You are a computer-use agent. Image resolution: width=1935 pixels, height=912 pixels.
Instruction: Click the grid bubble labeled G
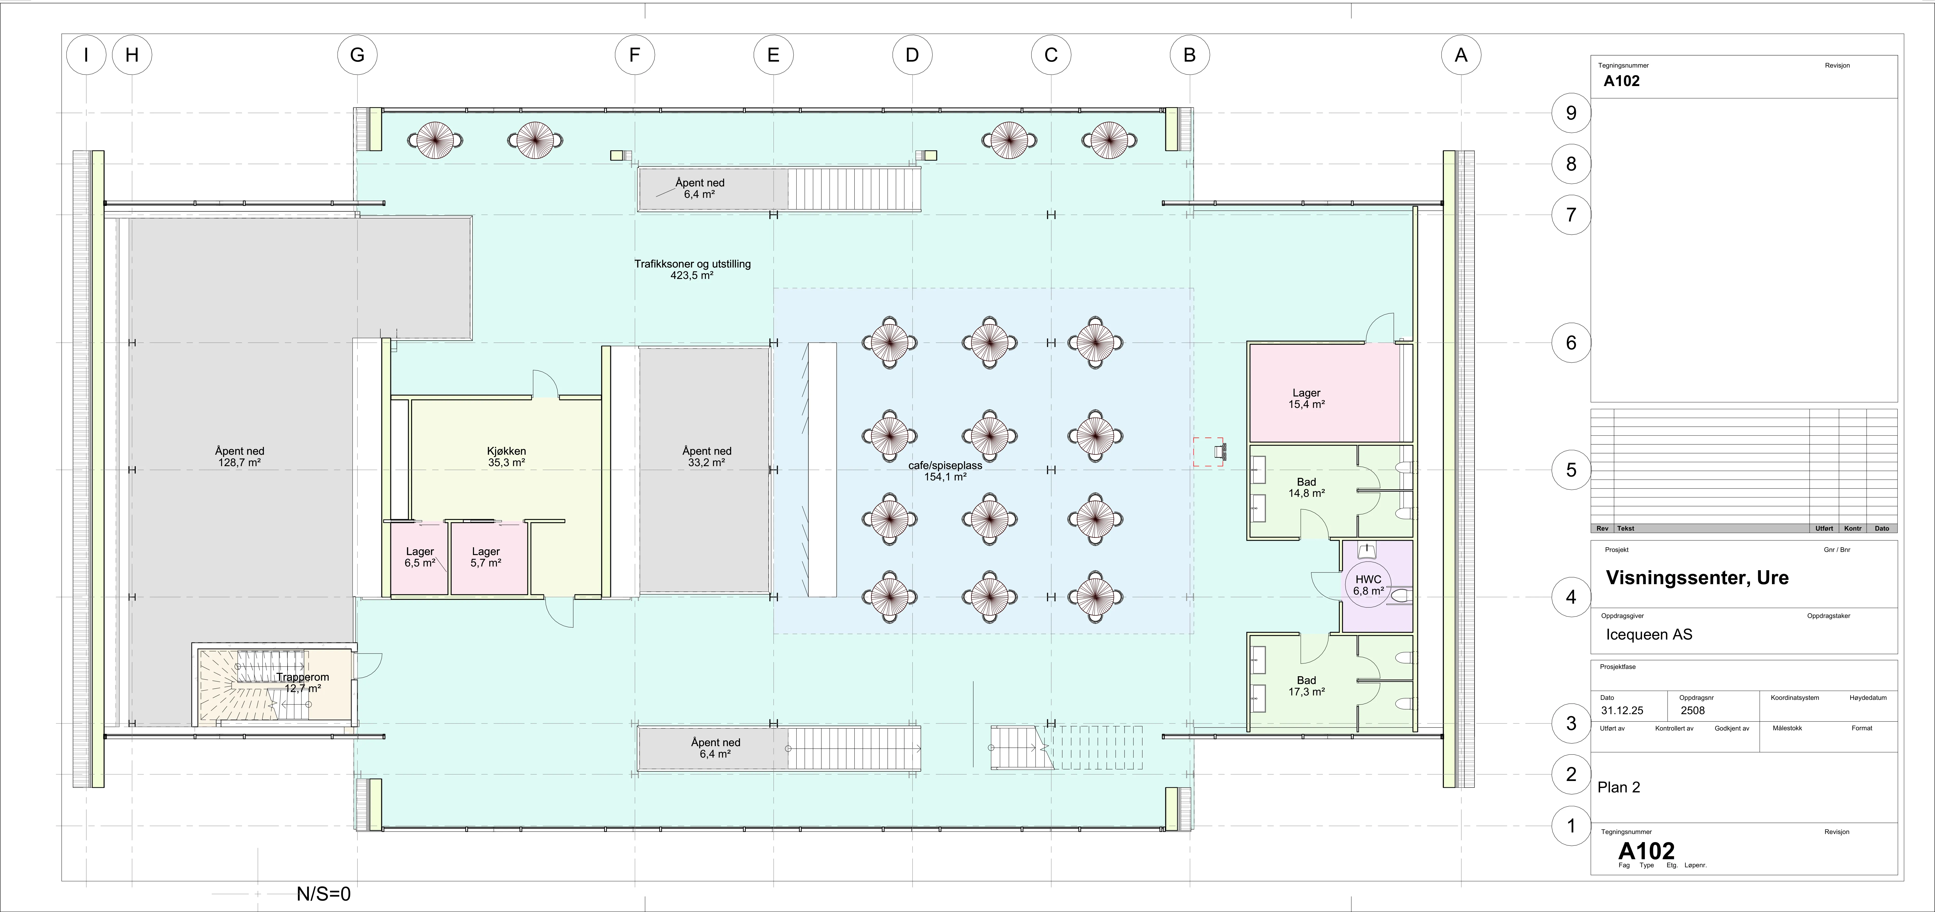tap(357, 55)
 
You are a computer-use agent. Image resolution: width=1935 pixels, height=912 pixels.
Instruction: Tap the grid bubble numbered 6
tap(1571, 343)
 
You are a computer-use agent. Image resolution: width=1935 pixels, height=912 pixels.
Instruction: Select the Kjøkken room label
tap(506, 457)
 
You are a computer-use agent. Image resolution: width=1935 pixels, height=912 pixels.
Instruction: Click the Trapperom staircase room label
tap(303, 682)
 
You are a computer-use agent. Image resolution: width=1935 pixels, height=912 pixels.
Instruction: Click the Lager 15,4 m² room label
tap(1306, 398)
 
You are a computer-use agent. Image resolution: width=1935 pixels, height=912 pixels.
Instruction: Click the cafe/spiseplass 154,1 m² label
tap(945, 471)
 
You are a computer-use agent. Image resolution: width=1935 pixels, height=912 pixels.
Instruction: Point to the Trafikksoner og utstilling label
tap(693, 264)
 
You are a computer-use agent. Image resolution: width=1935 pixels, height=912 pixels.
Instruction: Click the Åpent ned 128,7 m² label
tap(240, 457)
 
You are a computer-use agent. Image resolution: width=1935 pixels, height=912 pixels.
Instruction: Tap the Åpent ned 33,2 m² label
tap(707, 457)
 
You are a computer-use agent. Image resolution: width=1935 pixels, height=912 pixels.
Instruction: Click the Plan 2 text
tap(1619, 787)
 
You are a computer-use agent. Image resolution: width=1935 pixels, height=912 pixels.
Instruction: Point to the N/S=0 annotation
tap(324, 894)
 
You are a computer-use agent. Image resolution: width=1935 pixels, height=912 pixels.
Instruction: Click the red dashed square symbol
tap(1208, 452)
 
